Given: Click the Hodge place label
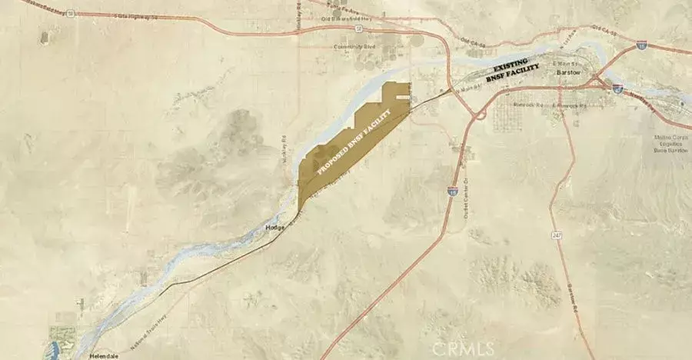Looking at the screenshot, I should click(275, 228).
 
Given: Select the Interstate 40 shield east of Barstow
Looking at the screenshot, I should click(617, 88).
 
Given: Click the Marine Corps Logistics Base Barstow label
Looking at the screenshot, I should click(665, 144).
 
